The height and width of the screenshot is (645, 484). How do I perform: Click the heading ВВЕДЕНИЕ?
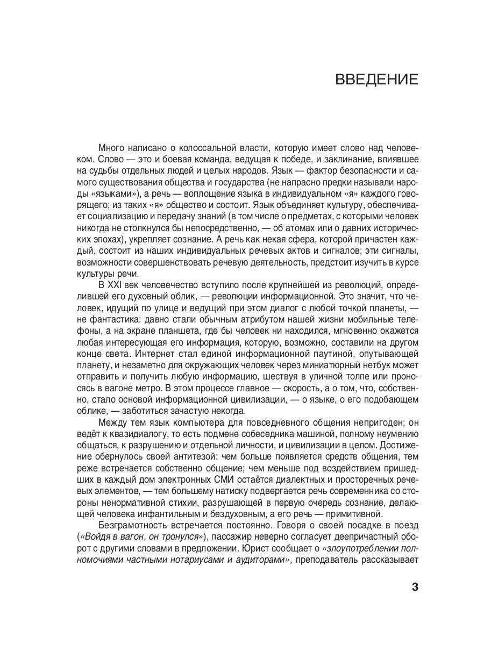tap(376, 80)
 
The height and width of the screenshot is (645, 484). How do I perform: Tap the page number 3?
tap(415, 586)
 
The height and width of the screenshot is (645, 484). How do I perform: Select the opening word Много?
tap(112, 148)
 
